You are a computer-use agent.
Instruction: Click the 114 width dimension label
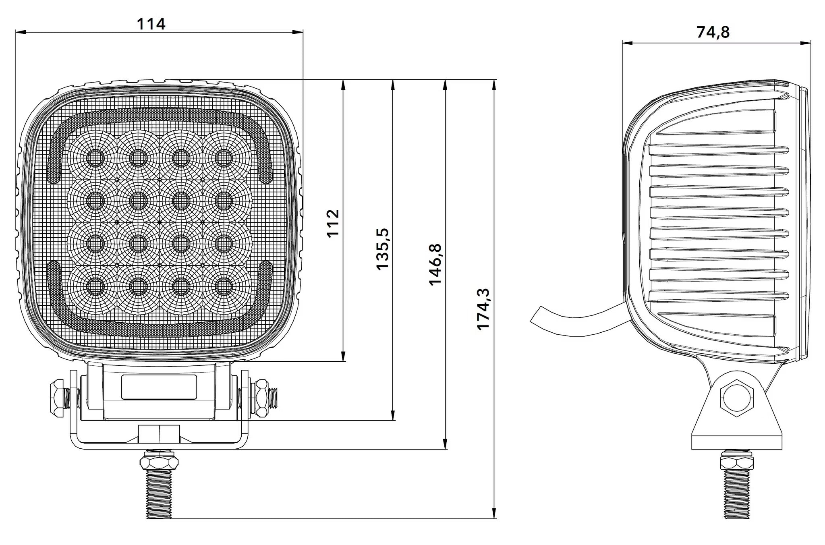pyautogui.click(x=151, y=24)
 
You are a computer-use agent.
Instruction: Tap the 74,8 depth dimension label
pyautogui.click(x=713, y=32)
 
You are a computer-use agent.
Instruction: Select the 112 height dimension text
pyautogui.click(x=333, y=223)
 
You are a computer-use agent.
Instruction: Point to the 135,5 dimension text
pyautogui.click(x=382, y=249)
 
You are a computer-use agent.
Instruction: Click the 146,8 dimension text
pyautogui.click(x=435, y=265)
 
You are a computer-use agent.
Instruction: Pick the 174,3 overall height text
pyautogui.click(x=483, y=309)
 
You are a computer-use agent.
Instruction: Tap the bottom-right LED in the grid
pyautogui.click(x=223, y=287)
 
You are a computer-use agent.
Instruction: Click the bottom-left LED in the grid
pyautogui.click(x=95, y=287)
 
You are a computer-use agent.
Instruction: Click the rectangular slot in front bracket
pyautogui.click(x=159, y=387)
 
